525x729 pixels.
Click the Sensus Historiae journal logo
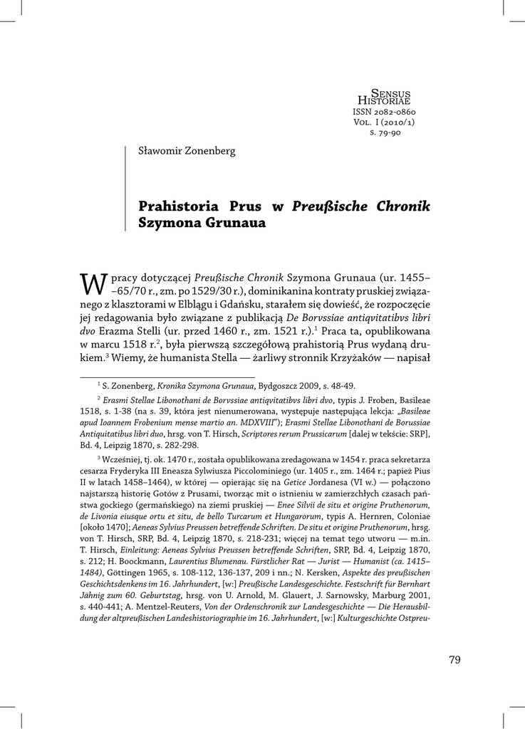pyautogui.click(x=384, y=98)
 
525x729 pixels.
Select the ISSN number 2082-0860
pyautogui.click(x=384, y=112)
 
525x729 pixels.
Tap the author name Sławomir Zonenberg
pyautogui.click(x=186, y=151)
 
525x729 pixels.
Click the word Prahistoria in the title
pyautogui.click(x=178, y=206)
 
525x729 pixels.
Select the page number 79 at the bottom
pyautogui.click(x=454, y=659)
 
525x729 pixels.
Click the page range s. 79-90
pyautogui.click(x=384, y=132)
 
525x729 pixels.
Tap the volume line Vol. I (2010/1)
pyautogui.click(x=384, y=122)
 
